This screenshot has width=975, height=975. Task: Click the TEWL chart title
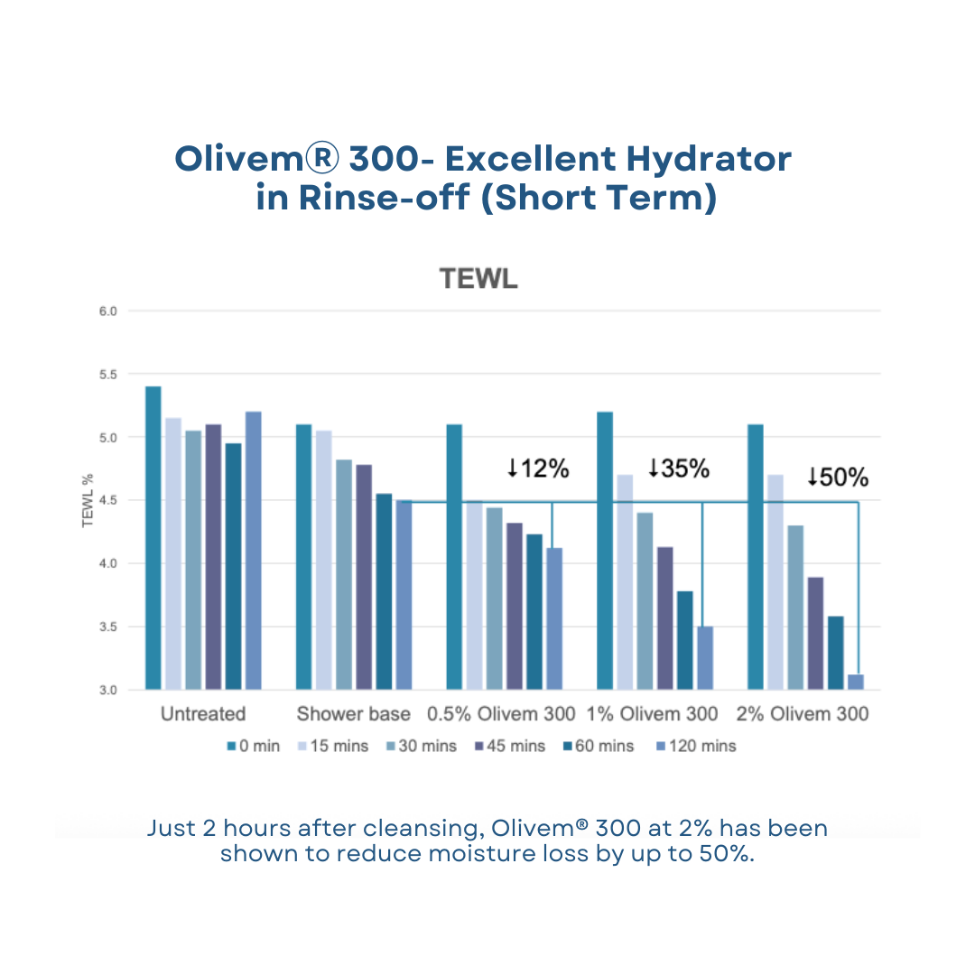tap(478, 279)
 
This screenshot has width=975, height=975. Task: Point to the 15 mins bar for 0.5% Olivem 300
tap(474, 594)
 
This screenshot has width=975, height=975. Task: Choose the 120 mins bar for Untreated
tap(254, 550)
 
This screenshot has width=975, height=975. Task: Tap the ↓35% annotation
tap(678, 468)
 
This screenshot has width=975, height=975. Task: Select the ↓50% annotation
tap(837, 476)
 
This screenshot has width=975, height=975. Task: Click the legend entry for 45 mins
tap(506, 746)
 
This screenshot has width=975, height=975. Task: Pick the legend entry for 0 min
tap(254, 746)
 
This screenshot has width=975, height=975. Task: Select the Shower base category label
tap(353, 714)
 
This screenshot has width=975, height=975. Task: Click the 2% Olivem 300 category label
tap(803, 714)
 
